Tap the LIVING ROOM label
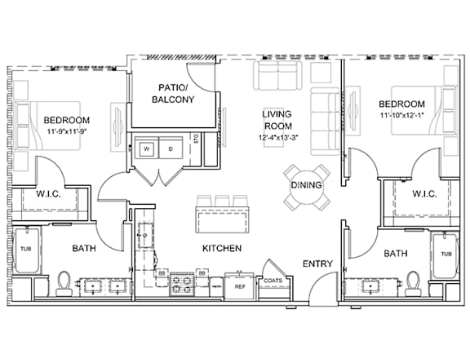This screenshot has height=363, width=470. pyautogui.click(x=277, y=120)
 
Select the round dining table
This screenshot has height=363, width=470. pyautogui.click(x=306, y=185)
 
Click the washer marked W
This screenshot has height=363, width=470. pyautogui.click(x=146, y=149)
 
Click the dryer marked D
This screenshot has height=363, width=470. pyautogui.click(x=171, y=149)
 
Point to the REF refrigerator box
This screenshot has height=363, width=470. pyautogui.click(x=240, y=286)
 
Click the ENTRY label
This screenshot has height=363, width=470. pyautogui.click(x=317, y=263)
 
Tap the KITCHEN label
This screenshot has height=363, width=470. pyautogui.click(x=220, y=248)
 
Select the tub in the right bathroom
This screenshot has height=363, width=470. pyautogui.click(x=445, y=254)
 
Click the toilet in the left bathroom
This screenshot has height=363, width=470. pyautogui.click(x=64, y=283)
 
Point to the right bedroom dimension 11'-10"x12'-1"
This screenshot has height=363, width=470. pyautogui.click(x=401, y=116)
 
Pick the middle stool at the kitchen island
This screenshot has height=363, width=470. pyautogui.click(x=222, y=201)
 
